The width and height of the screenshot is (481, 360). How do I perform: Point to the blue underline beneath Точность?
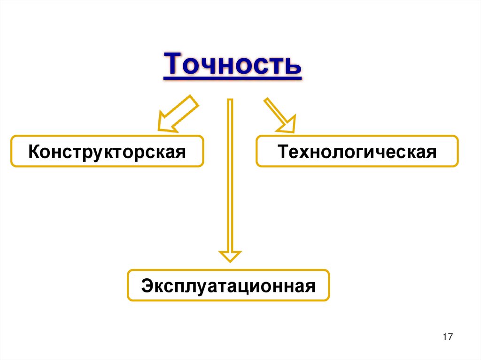(232, 79)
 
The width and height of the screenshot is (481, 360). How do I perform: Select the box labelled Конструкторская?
(107, 152)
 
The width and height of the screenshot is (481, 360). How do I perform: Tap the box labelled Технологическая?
(357, 152)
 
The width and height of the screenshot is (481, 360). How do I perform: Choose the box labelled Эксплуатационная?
(228, 285)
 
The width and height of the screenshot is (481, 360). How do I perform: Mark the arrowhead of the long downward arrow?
(230, 256)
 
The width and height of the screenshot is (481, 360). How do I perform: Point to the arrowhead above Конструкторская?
(164, 123)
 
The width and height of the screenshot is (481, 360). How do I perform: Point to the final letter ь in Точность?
(293, 66)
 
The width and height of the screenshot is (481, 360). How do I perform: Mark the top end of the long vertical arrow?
(230, 100)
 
